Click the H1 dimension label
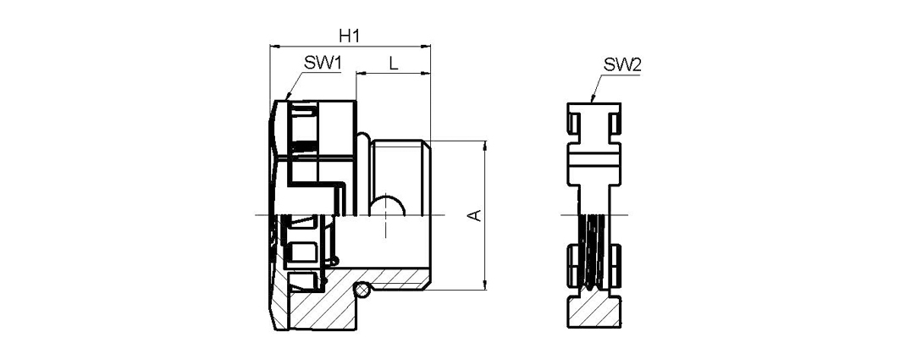click(349, 36)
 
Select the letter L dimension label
click(393, 64)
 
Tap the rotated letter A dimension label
click(475, 215)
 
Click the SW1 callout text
click(323, 64)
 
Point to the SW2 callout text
click(622, 65)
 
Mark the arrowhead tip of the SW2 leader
click(592, 102)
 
